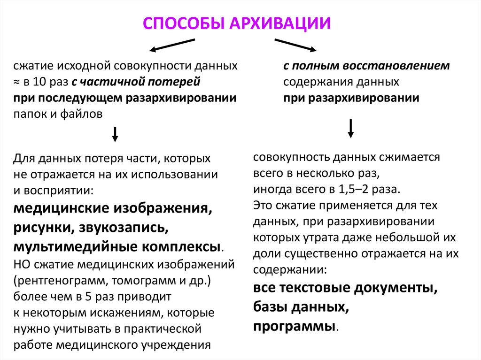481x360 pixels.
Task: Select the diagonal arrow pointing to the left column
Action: pos(171,45)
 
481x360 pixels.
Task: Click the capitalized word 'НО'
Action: pos(21,264)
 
